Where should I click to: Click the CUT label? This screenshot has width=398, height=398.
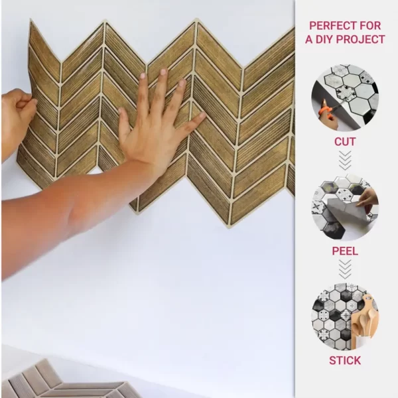pos(345,142)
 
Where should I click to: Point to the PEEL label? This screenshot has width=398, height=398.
pos(345,251)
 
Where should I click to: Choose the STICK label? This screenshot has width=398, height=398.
pos(345,360)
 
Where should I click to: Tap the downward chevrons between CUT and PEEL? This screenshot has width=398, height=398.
pos(345,161)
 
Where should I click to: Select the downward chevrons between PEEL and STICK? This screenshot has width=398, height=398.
pos(345,269)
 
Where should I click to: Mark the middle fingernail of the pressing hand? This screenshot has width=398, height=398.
pos(163,72)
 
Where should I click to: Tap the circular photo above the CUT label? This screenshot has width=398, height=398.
pos(345,98)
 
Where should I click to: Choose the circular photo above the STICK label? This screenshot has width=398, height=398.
pos(345,317)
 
